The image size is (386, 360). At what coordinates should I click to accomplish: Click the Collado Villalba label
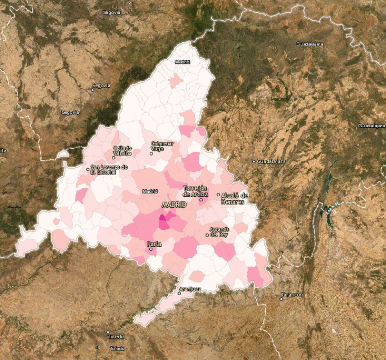point(123,151)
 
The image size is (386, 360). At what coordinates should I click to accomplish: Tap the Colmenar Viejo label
point(162,146)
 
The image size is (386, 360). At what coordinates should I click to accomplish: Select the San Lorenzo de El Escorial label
point(109,169)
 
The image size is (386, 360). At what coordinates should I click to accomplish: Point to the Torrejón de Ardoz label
point(195,191)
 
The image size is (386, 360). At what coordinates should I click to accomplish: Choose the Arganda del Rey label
point(219,232)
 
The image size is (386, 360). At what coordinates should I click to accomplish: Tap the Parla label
point(154,244)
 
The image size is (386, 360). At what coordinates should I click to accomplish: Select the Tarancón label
point(292,295)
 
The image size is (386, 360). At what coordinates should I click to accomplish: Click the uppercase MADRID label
point(174,205)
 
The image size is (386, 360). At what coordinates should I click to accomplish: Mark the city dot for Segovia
point(93,90)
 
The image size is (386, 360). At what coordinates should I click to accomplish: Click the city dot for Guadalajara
point(254,162)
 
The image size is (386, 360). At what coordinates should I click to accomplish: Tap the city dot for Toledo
point(108,332)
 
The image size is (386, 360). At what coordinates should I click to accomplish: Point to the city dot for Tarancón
point(281,299)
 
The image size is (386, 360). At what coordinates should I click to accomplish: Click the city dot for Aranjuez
point(179,293)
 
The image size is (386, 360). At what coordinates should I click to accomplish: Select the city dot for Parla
point(151,249)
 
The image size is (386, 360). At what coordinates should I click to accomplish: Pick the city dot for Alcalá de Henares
point(218,195)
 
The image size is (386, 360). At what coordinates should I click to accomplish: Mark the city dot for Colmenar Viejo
point(151,154)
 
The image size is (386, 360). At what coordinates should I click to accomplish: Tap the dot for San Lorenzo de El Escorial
point(88,169)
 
